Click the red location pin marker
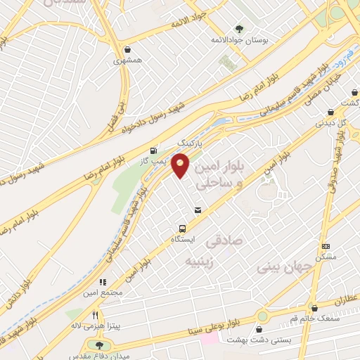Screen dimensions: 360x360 click(181, 165)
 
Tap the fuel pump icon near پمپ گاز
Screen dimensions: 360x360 click(154, 150)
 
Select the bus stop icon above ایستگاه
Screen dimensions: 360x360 click(183, 229)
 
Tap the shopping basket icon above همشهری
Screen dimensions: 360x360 click(127, 50)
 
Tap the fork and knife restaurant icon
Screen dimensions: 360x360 click(95, 315)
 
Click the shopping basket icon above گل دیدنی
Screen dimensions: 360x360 click(330, 112)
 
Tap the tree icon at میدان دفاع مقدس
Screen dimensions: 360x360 click(98, 345)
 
